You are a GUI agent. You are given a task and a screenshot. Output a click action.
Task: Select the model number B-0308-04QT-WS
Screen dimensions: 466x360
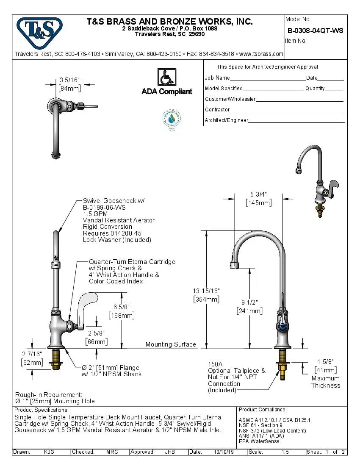click(x=315, y=31)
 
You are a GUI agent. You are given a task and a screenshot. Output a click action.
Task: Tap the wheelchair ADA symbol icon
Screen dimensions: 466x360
click(x=167, y=78)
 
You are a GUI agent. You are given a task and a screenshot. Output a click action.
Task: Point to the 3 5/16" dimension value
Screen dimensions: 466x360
click(x=69, y=80)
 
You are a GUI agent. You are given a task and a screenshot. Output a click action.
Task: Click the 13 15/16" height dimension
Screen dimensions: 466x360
click(x=206, y=291)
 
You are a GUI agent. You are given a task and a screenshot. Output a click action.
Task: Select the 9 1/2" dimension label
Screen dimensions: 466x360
click(x=249, y=302)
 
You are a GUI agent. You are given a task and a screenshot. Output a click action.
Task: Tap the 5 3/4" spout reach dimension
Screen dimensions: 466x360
click(x=258, y=194)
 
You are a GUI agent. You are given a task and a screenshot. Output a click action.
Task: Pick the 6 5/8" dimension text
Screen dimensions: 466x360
click(x=122, y=307)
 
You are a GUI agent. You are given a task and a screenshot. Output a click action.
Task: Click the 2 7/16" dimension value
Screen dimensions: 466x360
click(x=32, y=354)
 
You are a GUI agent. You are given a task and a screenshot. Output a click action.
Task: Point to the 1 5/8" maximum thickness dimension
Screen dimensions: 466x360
click(x=326, y=361)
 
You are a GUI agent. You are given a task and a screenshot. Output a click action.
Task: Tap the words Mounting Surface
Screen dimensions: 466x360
click(x=171, y=344)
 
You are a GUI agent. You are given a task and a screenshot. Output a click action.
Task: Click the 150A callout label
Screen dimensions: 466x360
click(x=216, y=364)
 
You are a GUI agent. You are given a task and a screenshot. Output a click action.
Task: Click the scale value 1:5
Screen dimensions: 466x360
click(x=285, y=452)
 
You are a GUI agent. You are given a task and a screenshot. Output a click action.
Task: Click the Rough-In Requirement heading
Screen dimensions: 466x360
click(x=49, y=394)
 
